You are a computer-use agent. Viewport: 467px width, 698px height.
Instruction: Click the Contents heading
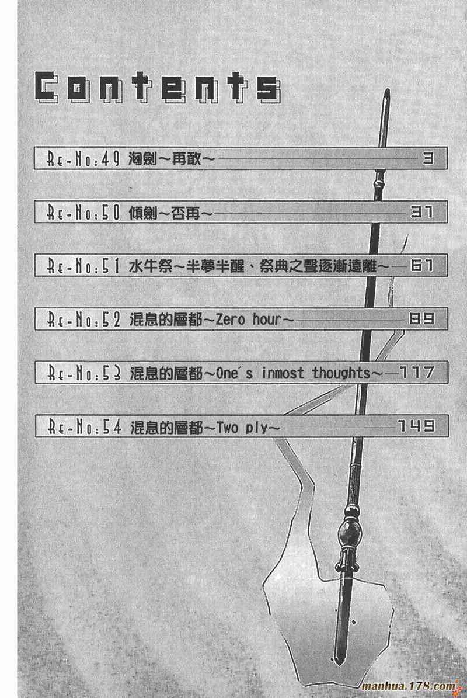click(x=157, y=89)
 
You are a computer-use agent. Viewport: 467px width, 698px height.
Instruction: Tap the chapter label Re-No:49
click(x=83, y=159)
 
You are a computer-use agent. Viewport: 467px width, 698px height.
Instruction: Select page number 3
click(x=427, y=158)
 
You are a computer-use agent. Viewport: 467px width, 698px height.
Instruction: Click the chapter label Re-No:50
click(x=83, y=213)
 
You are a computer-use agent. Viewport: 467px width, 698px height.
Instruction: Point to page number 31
click(x=421, y=212)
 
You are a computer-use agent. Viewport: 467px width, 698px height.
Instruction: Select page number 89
click(x=421, y=320)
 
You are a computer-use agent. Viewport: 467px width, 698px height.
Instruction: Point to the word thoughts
click(x=341, y=373)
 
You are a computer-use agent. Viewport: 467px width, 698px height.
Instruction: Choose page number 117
click(x=416, y=372)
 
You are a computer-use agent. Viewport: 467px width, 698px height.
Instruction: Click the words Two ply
click(x=242, y=428)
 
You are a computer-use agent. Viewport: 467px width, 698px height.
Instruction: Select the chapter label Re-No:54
click(x=83, y=427)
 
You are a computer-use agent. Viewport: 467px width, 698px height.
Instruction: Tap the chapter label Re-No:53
click(x=83, y=373)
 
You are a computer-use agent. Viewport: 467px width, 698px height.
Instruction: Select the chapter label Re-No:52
click(x=83, y=320)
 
